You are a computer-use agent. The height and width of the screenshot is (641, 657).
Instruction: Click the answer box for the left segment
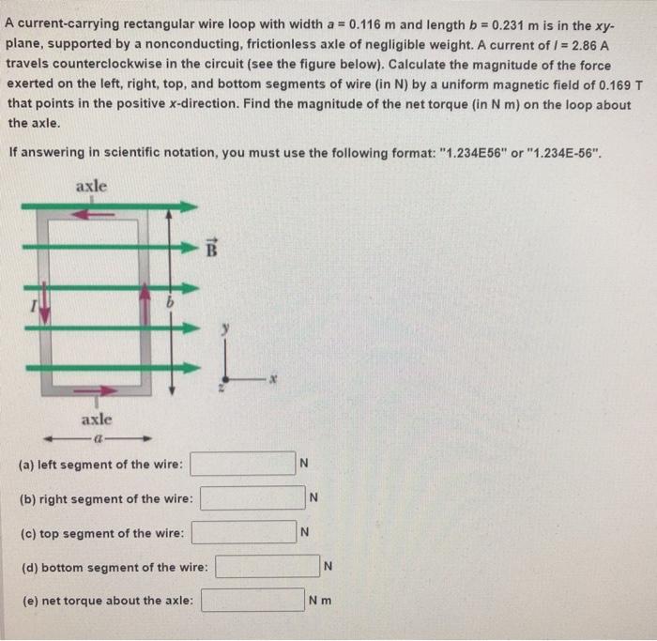[x=244, y=464]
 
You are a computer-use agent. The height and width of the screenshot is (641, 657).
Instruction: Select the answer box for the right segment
[x=252, y=497]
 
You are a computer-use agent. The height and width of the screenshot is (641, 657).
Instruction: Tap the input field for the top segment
[x=244, y=533]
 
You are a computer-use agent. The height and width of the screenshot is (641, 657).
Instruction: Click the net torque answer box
[x=251, y=601]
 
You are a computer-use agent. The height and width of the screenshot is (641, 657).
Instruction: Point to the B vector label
[x=211, y=249]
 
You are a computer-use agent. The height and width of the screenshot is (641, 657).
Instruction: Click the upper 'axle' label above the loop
[x=91, y=186]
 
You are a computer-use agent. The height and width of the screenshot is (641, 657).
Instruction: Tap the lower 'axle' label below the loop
[x=98, y=418]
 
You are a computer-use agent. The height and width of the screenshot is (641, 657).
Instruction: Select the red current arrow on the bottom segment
[x=99, y=390]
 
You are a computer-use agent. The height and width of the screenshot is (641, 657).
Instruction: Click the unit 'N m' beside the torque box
[x=321, y=601]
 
